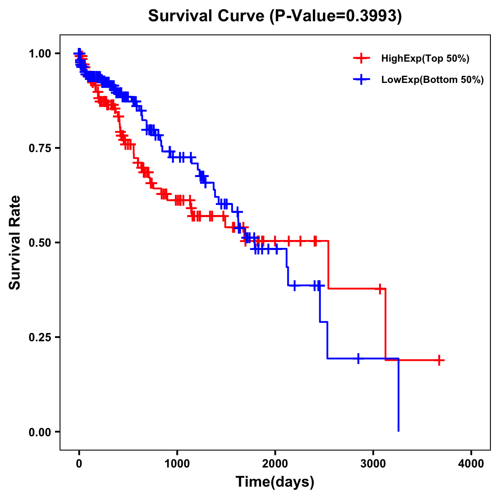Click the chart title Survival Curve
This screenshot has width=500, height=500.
pyautogui.click(x=206, y=16)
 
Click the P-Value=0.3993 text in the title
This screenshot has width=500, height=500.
pyautogui.click(x=335, y=16)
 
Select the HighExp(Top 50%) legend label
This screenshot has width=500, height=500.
pyautogui.click(x=425, y=59)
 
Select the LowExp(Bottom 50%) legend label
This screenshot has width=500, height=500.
pyautogui.click(x=432, y=80)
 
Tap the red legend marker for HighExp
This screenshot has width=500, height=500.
pyautogui.click(x=361, y=59)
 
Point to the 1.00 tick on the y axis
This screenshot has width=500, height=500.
pyautogui.click(x=39, y=54)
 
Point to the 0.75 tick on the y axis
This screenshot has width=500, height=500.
pyautogui.click(x=39, y=148)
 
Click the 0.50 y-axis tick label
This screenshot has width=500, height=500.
pyautogui.click(x=39, y=243)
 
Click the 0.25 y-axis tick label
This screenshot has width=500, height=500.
pyautogui.click(x=39, y=337)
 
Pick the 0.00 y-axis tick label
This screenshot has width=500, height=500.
pyautogui.click(x=39, y=432)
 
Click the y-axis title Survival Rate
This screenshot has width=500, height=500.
pyautogui.click(x=15, y=242)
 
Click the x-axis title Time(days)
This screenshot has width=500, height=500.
pyautogui.click(x=275, y=482)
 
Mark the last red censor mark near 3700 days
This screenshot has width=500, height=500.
pyautogui.click(x=439, y=360)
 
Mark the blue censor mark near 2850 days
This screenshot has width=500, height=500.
pyautogui.click(x=358, y=358)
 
